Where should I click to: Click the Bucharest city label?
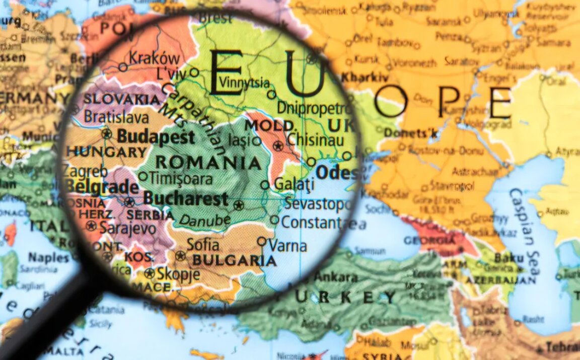coord(185,198)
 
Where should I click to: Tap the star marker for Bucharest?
coord(239,205)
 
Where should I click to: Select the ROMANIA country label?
coord(207,162)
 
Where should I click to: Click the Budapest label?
coord(155,136)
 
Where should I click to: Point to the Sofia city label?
coord(203,245)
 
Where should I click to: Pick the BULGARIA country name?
coord(235,260)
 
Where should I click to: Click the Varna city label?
coord(287,246)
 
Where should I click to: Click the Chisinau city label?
coord(315,140)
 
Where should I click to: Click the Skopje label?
coord(178,275)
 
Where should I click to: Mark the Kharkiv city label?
coord(365,78)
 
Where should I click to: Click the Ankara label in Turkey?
coord(336,277)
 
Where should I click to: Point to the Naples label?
coord(48,258)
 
